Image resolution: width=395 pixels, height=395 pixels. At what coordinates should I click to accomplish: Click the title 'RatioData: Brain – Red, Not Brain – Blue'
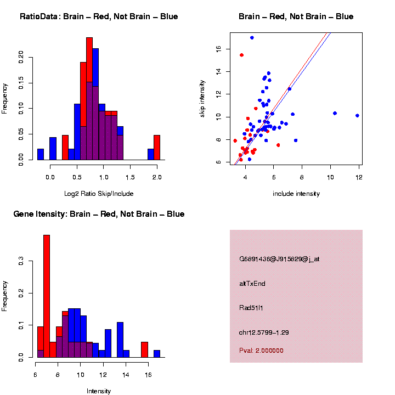click(99, 16)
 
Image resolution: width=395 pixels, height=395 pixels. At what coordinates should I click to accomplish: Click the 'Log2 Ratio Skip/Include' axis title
click(99, 194)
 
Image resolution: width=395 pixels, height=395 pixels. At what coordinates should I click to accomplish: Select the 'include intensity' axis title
click(296, 194)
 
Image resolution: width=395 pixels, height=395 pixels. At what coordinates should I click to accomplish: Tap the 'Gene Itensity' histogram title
click(99, 214)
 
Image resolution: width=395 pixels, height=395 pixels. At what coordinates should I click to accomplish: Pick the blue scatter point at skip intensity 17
click(252, 38)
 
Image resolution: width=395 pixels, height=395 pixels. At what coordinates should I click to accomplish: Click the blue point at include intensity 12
click(357, 116)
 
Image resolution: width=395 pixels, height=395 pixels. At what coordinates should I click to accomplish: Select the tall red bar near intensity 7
click(47, 296)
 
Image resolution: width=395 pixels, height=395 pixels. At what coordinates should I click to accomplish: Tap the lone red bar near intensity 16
click(144, 349)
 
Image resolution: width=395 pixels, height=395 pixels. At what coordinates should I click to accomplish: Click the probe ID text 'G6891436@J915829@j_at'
click(279, 259)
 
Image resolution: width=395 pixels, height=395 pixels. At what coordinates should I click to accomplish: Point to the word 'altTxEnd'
click(252, 284)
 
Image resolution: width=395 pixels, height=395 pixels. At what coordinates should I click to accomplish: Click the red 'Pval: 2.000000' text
click(261, 350)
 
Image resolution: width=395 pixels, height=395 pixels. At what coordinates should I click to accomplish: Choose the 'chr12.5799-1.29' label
click(264, 332)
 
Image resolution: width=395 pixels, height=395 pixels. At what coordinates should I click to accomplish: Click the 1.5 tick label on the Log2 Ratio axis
click(130, 177)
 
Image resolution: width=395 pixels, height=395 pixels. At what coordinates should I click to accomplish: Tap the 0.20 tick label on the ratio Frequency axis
click(21, 58)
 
